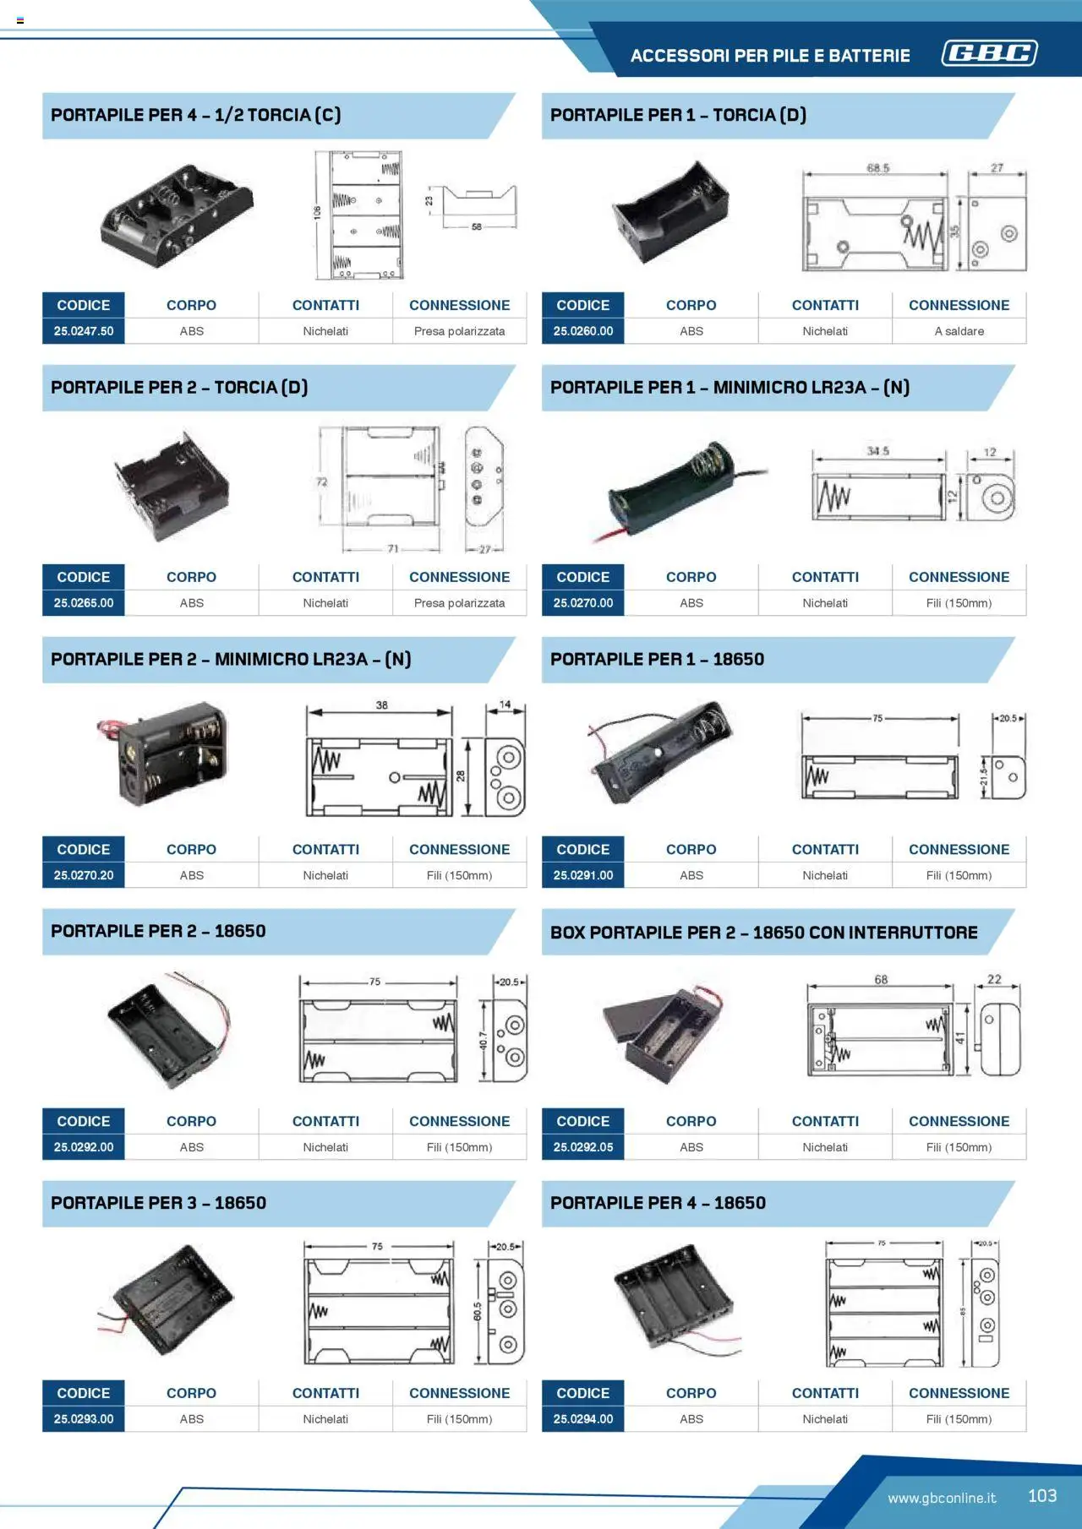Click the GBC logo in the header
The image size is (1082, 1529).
point(989,53)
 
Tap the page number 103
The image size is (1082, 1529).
point(1041,1496)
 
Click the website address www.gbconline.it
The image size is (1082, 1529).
point(941,1498)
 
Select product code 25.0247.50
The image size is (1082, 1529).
point(84,331)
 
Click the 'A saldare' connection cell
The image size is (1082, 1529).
point(959,331)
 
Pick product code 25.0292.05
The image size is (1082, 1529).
point(582,1147)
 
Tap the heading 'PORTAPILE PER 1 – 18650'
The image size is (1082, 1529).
point(657,660)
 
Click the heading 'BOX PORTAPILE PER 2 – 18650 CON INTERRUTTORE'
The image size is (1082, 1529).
point(763,933)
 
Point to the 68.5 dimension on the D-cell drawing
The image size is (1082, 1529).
point(877,168)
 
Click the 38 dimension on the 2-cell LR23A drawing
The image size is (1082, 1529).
point(382,705)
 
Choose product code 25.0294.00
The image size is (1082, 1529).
point(582,1419)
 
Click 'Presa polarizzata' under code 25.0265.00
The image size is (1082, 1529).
point(459,603)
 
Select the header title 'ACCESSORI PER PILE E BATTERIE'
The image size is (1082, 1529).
point(770,56)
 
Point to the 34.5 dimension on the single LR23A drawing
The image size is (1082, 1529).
point(877,451)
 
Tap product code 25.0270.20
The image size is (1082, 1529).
point(84,875)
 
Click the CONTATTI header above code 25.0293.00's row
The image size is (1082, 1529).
point(325,1393)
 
